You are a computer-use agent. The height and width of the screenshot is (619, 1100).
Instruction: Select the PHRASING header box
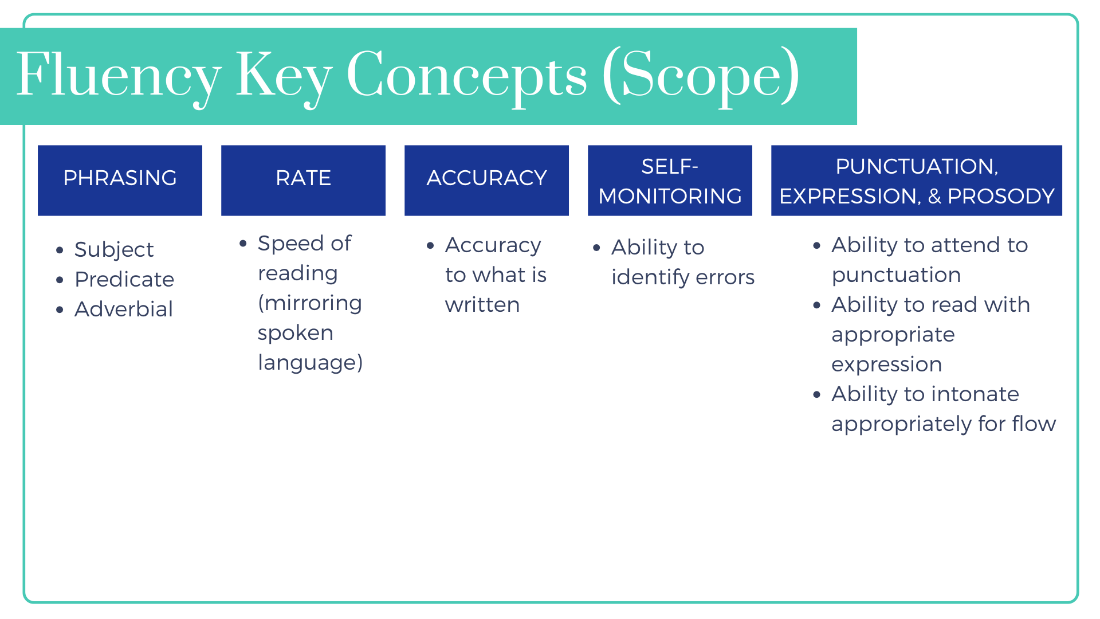click(x=120, y=180)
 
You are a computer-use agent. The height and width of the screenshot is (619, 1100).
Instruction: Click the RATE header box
click(x=303, y=180)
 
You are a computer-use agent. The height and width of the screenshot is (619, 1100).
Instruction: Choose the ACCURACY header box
click(x=486, y=180)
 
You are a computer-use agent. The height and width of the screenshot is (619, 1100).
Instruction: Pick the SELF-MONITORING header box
click(x=670, y=180)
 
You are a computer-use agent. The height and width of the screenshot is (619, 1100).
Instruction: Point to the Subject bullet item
click(x=114, y=250)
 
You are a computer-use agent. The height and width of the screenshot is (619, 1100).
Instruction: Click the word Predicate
click(x=124, y=280)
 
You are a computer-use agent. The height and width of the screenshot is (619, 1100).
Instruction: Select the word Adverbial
click(x=124, y=309)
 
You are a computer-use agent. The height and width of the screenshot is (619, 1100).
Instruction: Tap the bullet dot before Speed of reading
click(x=243, y=244)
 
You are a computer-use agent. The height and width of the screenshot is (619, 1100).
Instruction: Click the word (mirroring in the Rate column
click(x=310, y=303)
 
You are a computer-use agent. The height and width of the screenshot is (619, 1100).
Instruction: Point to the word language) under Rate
click(x=310, y=363)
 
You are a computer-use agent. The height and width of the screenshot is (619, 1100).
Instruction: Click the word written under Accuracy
click(x=482, y=305)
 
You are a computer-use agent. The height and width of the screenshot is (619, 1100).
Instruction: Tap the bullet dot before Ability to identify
click(x=596, y=248)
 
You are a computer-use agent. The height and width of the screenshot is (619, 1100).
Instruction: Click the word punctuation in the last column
click(x=896, y=275)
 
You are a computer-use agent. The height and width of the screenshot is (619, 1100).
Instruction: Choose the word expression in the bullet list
click(x=886, y=365)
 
